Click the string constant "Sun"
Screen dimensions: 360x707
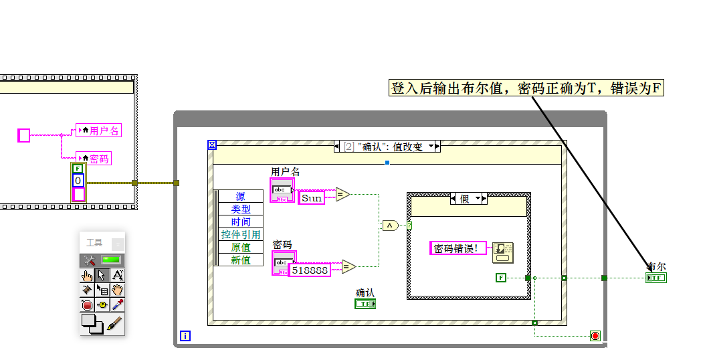[x=311, y=198]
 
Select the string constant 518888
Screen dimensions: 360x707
[x=310, y=270]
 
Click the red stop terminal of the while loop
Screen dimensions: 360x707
[x=595, y=335]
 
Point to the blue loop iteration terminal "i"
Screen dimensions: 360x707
[x=185, y=335]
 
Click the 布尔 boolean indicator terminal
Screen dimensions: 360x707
[x=656, y=277]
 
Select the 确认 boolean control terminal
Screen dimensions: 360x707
[x=365, y=304]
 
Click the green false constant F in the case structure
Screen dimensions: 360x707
[x=501, y=277]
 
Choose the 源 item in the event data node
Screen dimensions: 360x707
[x=241, y=197]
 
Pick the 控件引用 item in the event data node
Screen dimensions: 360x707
[x=241, y=235]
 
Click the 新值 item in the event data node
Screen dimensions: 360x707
[x=241, y=260]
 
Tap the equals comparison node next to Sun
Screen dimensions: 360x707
[x=342, y=195]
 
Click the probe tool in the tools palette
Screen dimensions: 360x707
[x=102, y=305]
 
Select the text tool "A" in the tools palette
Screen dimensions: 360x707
[x=117, y=275]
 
